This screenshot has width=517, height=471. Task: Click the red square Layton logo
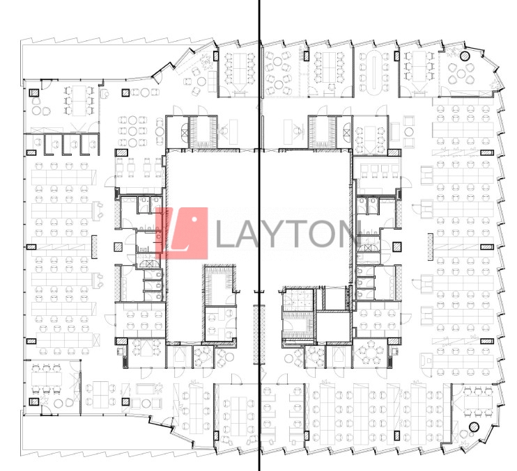click(182, 233)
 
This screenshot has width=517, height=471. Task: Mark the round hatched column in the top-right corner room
click(465, 54)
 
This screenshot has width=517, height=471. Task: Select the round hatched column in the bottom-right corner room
click(474, 427)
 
